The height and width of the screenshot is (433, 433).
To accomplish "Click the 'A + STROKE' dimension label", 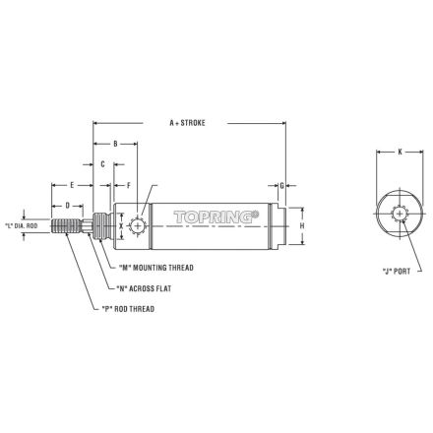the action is (x=187, y=123).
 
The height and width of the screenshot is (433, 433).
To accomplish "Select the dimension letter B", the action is (x=115, y=144).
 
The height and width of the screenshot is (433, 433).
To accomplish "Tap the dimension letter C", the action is (x=102, y=164).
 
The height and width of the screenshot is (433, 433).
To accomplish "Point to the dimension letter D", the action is (x=68, y=206).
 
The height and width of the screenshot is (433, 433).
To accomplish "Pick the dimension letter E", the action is (x=72, y=185).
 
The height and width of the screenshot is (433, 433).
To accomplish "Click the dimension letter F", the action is (x=129, y=186).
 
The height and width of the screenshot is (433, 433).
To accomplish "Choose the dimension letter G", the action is (x=281, y=186).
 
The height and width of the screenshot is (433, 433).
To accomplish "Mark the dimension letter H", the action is (x=302, y=225).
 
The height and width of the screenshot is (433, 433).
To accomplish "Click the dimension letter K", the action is (x=400, y=152).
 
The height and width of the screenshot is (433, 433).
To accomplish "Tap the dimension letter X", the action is (x=121, y=225).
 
